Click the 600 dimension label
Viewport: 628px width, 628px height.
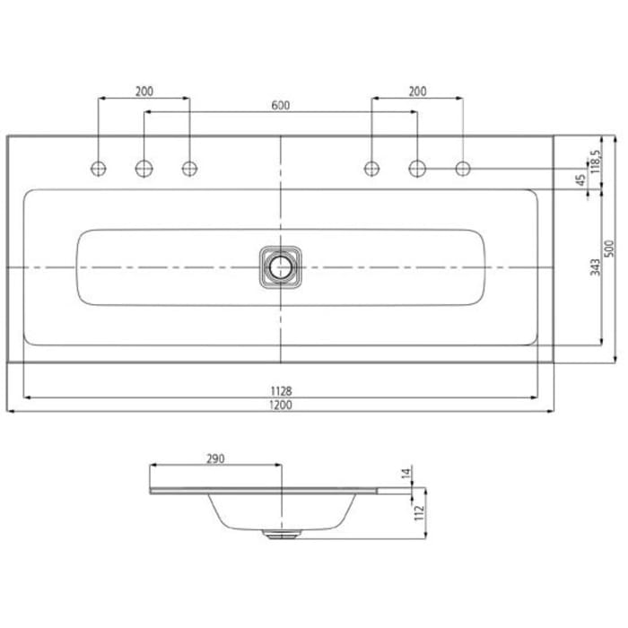click(280, 105)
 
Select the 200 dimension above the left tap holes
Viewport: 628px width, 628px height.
click(144, 91)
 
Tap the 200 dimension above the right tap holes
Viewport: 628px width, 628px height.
click(417, 91)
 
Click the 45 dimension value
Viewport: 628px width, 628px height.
click(580, 179)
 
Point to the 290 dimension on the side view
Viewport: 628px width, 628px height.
click(214, 458)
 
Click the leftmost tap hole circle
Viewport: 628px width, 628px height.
click(98, 168)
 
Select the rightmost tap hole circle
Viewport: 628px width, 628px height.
click(463, 168)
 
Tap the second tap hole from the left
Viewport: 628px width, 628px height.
click(144, 168)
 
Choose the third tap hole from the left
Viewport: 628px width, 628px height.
click(189, 168)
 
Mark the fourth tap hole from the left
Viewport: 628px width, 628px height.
click(371, 168)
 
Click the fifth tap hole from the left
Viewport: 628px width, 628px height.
click(417, 168)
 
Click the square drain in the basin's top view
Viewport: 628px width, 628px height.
click(281, 267)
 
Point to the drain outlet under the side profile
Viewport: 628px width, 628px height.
click(281, 533)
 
